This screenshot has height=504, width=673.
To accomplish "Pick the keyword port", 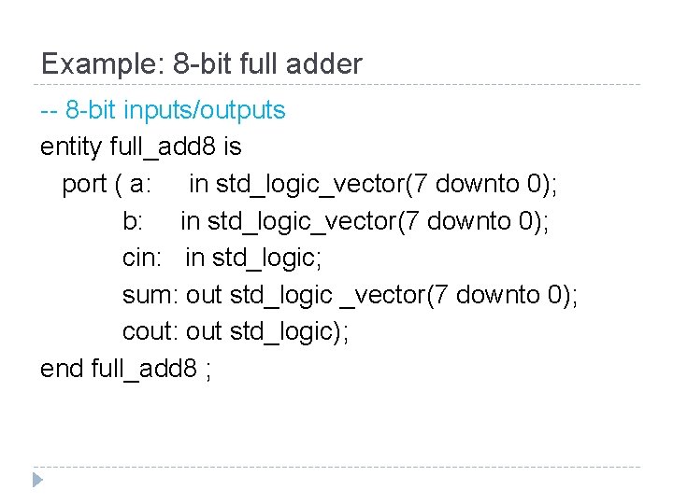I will (83, 185).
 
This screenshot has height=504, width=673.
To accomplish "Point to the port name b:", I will (134, 221).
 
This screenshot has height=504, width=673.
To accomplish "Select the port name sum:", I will (150, 296).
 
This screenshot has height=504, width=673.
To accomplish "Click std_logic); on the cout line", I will (289, 332).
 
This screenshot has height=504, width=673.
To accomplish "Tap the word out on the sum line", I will (204, 296).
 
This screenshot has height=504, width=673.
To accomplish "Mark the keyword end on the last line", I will (62, 370).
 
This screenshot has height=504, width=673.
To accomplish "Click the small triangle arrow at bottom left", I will (36, 481).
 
